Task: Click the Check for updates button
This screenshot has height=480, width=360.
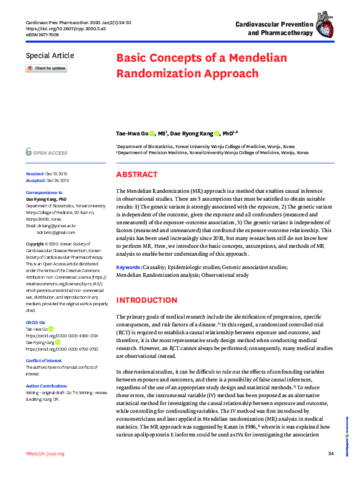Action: click(x=46, y=69)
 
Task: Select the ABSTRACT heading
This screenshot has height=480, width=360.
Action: click(x=137, y=175)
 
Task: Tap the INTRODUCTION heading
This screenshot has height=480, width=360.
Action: click(x=146, y=300)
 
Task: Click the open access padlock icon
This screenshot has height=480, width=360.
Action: click(x=28, y=152)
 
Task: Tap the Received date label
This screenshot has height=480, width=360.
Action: click(x=35, y=174)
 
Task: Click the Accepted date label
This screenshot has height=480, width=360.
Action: click(x=35, y=180)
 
